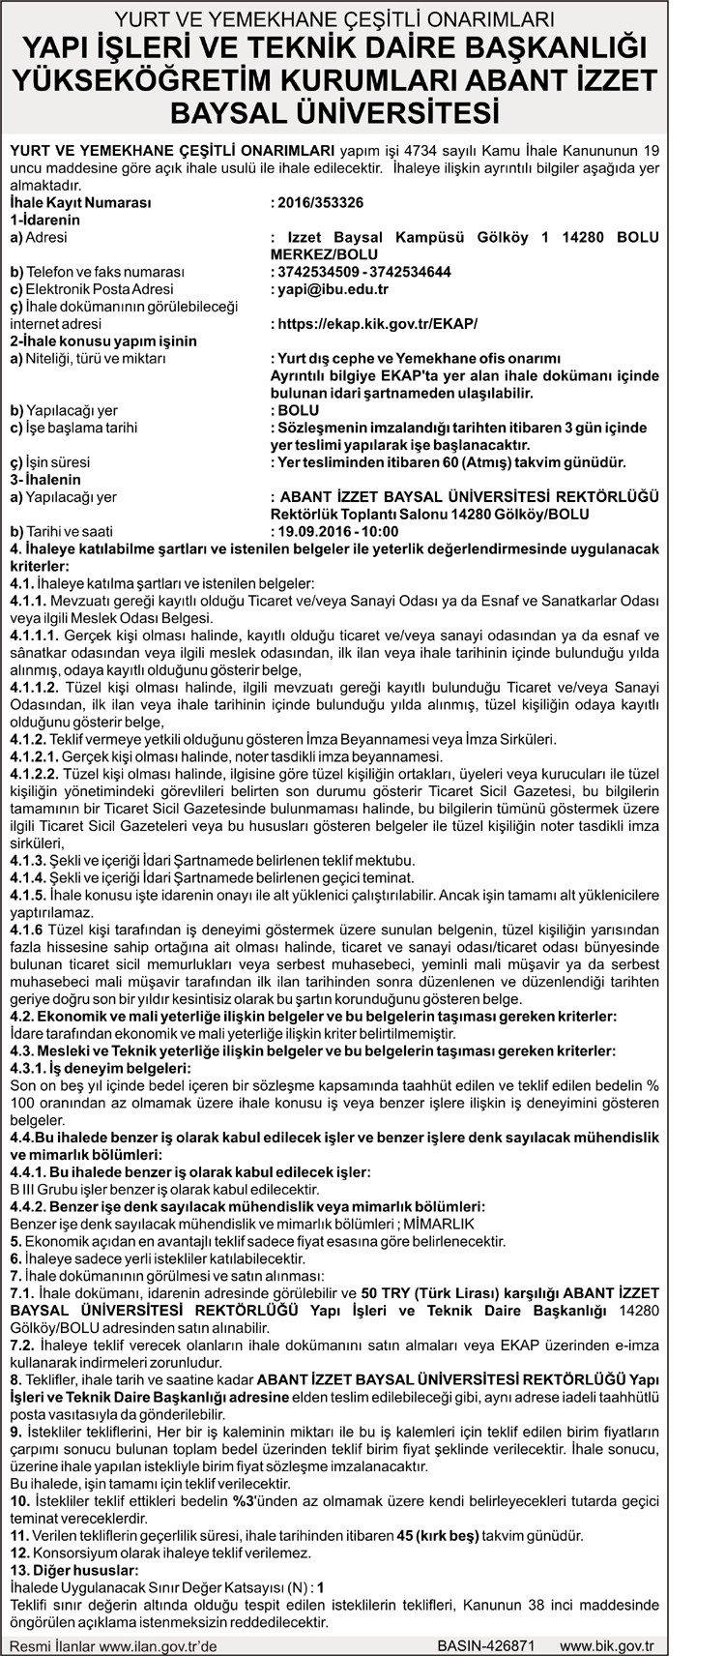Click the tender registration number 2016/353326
(x=319, y=203)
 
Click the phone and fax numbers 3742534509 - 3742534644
(x=363, y=272)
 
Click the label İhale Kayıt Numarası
(x=80, y=203)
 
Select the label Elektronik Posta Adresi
(x=92, y=289)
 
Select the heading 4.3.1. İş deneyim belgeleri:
(x=101, y=1067)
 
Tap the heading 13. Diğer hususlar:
(x=73, y=1570)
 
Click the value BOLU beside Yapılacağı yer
(x=299, y=410)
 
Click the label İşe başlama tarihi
(x=73, y=428)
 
